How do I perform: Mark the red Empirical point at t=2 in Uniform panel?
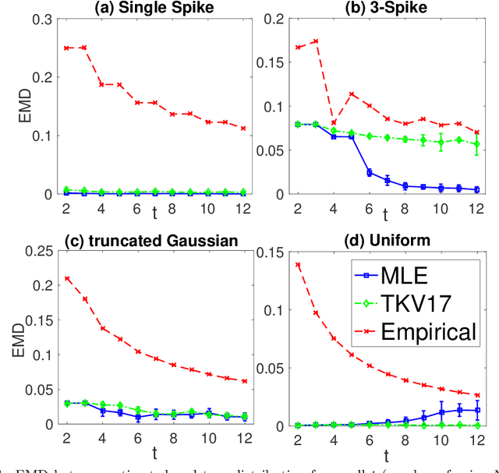coord(298,265)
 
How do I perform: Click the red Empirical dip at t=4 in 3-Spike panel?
coord(334,122)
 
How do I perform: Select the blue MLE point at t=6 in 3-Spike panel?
coord(370,172)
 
